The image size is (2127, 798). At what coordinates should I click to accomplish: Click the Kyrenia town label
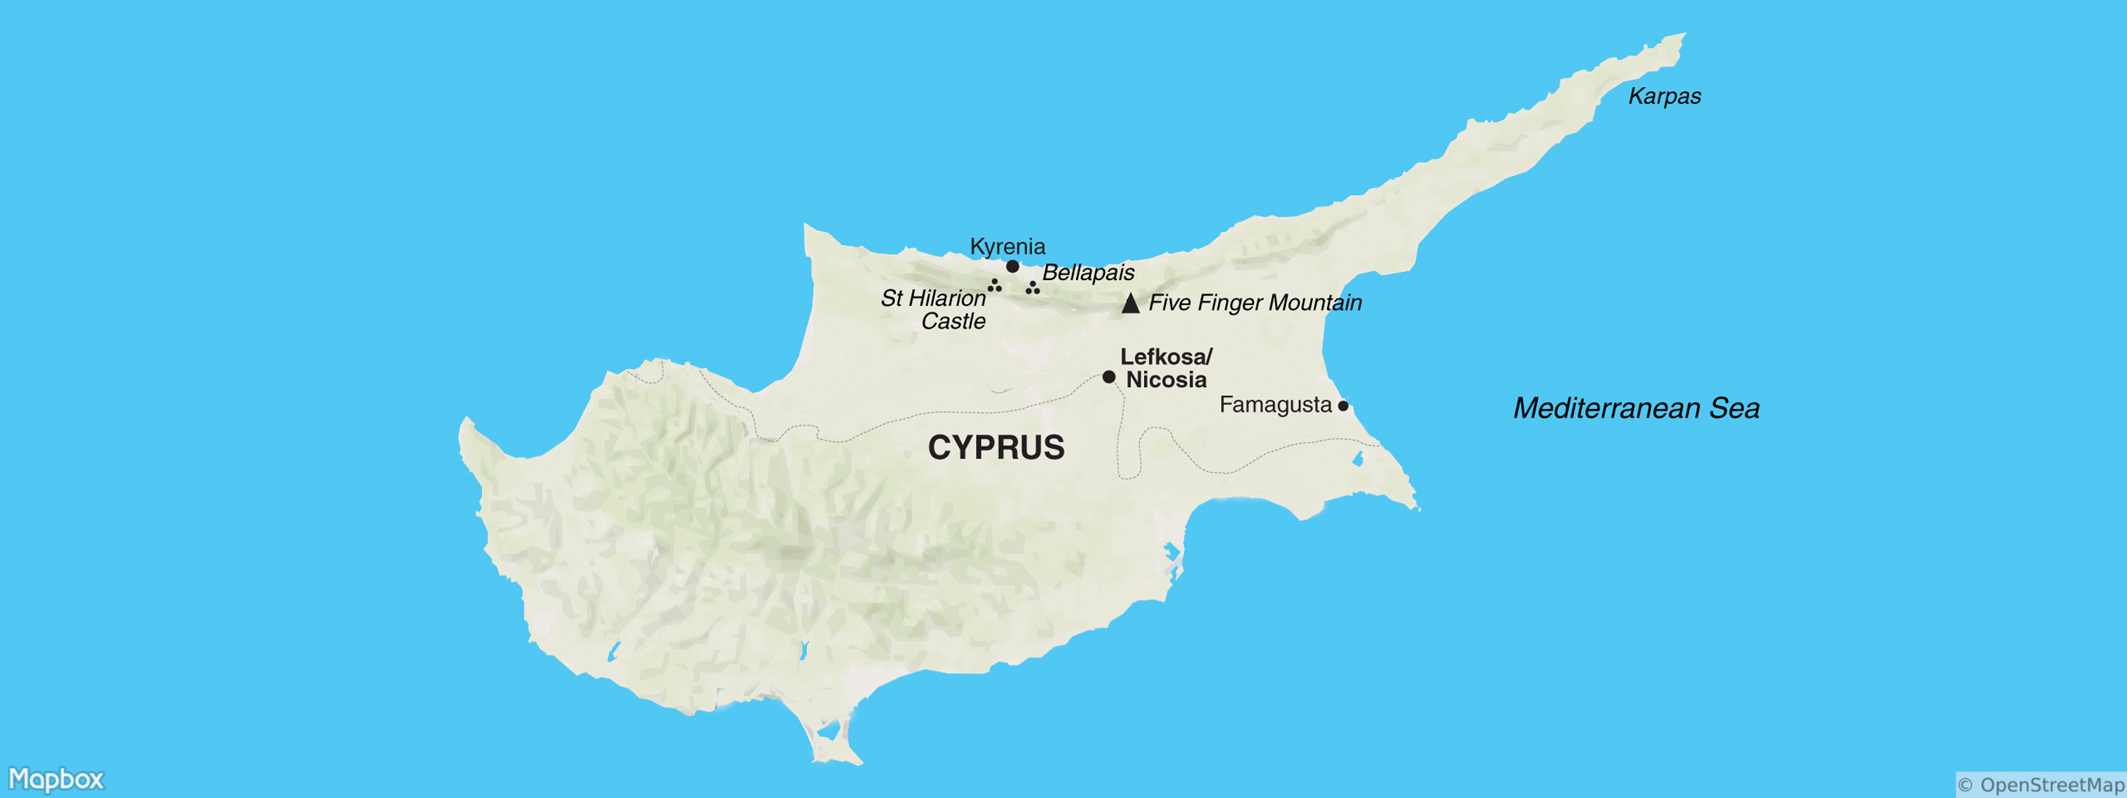[x=1008, y=246]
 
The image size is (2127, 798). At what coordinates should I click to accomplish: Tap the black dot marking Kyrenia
[x=1012, y=266]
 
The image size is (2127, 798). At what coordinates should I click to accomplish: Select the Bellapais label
[x=1088, y=273]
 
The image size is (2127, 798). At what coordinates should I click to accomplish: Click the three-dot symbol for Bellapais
[x=1032, y=287]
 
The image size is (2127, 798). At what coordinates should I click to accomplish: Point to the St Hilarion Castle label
[x=934, y=309]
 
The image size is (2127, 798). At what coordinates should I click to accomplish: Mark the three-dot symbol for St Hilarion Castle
[x=995, y=286]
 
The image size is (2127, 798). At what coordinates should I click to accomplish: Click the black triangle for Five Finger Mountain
[x=1131, y=303]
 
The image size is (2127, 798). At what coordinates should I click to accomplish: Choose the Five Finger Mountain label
[x=1255, y=303]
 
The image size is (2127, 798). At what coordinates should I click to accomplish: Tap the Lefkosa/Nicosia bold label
[x=1166, y=368]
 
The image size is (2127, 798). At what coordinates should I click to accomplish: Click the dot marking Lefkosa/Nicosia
[x=1109, y=376]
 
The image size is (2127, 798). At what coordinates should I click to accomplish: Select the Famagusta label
[x=1275, y=405]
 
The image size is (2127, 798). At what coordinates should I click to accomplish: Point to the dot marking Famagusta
[x=1343, y=406]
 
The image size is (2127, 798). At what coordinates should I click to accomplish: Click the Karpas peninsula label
[x=1664, y=96]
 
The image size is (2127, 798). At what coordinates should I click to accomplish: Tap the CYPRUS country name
[x=996, y=447]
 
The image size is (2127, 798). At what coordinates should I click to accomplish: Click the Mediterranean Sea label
[x=1636, y=408]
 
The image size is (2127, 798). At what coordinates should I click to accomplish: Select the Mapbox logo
[x=56, y=779]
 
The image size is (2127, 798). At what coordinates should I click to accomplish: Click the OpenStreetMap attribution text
[x=2041, y=785]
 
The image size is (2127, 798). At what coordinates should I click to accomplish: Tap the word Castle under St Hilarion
[x=953, y=321]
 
